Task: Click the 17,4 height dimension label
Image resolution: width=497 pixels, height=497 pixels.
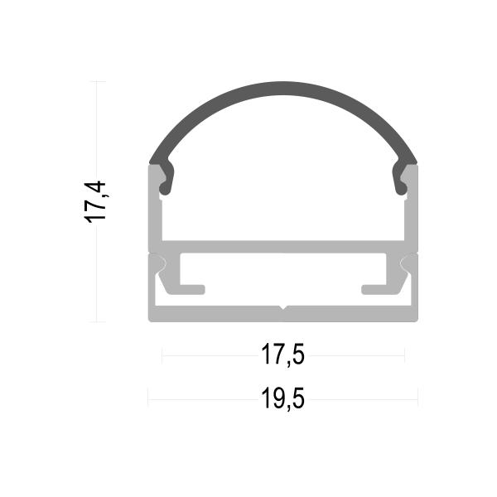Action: pos(98,201)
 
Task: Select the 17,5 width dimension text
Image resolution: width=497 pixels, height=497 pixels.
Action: pos(283,356)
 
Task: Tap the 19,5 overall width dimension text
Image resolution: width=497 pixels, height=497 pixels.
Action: pos(283,400)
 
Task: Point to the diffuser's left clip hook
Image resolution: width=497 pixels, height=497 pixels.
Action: pos(164,183)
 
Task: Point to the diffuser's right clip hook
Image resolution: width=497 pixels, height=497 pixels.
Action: pos(403,183)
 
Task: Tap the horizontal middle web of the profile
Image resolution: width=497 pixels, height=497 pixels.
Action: pos(283,248)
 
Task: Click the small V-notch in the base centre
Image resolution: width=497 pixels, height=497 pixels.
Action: pos(283,311)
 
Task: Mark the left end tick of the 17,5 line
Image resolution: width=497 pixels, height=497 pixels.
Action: pos(162,356)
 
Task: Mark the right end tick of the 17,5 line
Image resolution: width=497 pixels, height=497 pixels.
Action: pos(404,356)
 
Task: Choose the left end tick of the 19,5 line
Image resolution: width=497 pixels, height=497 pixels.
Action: pos(148,400)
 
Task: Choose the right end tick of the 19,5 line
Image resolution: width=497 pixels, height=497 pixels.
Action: pos(418,400)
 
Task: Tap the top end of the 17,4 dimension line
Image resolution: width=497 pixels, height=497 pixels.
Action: pos(99,82)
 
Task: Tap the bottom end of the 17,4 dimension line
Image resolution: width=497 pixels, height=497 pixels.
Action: pos(99,321)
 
